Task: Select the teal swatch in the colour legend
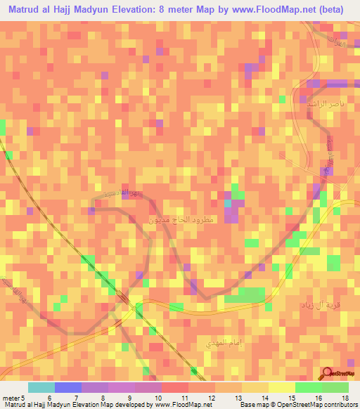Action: [x=41, y=387]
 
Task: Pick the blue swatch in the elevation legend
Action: [x=67, y=387]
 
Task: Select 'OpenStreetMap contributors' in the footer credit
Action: [x=321, y=405]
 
